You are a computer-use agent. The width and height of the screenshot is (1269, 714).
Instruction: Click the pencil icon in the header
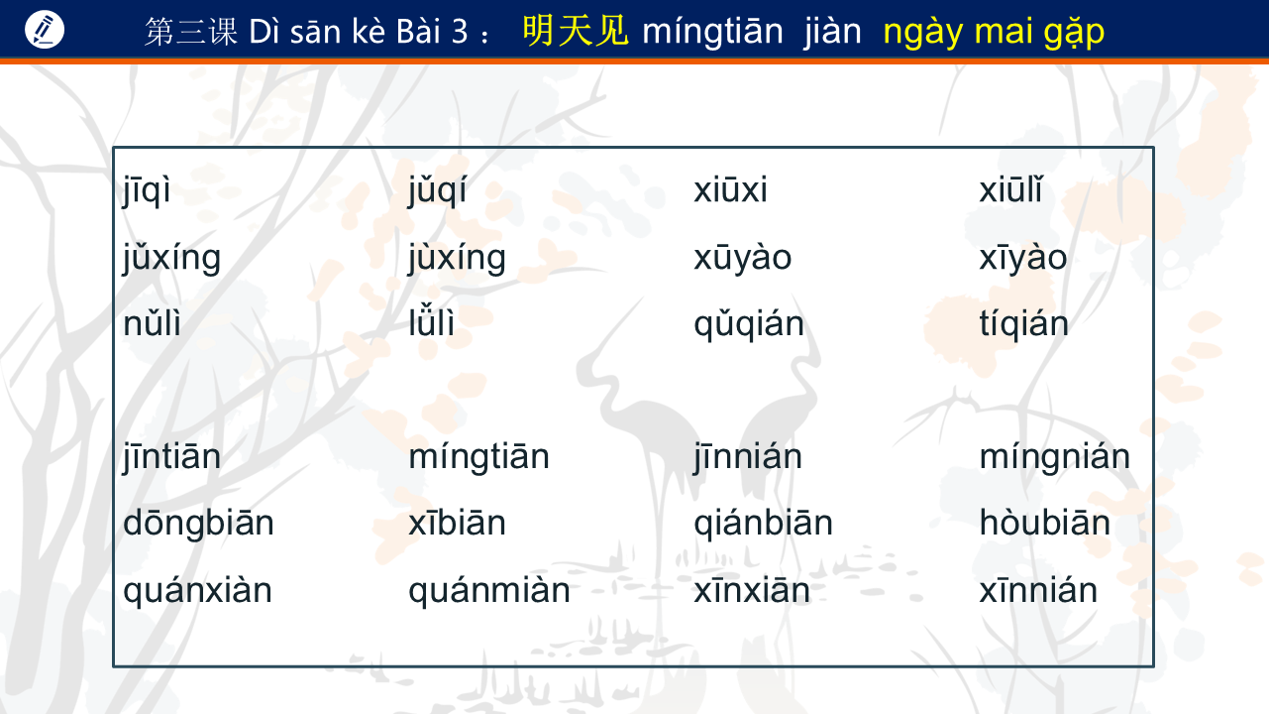click(x=45, y=30)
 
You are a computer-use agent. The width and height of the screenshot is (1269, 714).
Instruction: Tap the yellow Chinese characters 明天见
click(x=575, y=31)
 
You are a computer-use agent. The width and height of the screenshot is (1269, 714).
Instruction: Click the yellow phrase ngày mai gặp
click(x=994, y=33)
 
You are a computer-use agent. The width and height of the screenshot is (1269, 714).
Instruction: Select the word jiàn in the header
click(x=832, y=31)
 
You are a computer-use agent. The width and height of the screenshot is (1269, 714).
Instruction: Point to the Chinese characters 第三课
click(x=191, y=31)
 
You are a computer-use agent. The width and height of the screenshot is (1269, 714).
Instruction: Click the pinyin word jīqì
click(x=147, y=190)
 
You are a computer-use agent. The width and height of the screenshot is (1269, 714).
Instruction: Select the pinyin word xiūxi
click(x=730, y=189)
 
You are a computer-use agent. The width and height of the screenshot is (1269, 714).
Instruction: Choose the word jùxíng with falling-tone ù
click(x=457, y=259)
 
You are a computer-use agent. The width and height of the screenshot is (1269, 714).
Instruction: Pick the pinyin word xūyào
click(x=743, y=258)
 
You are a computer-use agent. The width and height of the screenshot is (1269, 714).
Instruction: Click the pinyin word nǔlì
click(x=152, y=322)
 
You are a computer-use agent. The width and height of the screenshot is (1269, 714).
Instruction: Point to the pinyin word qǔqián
click(x=749, y=325)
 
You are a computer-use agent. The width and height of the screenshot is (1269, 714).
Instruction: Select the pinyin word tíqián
click(x=1023, y=323)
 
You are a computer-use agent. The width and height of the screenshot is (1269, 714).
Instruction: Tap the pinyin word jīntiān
click(x=171, y=457)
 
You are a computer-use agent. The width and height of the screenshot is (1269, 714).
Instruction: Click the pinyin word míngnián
click(x=1055, y=457)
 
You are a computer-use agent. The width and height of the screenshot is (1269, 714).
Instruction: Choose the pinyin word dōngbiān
click(x=198, y=522)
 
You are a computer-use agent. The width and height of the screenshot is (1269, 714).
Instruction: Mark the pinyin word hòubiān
click(x=1045, y=522)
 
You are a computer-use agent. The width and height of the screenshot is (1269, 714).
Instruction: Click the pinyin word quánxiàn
click(x=198, y=591)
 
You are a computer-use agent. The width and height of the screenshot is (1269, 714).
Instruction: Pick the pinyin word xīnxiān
click(x=752, y=590)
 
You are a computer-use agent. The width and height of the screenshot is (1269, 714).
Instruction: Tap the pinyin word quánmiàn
click(x=489, y=591)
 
